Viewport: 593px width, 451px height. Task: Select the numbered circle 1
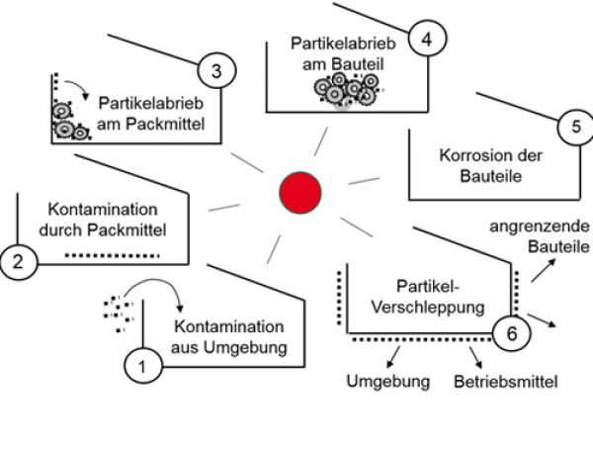pyautogui.click(x=142, y=366)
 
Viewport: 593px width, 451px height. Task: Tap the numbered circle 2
pyautogui.click(x=20, y=260)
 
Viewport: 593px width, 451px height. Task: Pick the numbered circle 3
pyautogui.click(x=216, y=70)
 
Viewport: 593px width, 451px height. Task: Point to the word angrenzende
pyautogui.click(x=539, y=227)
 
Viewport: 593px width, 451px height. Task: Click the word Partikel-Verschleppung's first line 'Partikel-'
pyautogui.click(x=424, y=286)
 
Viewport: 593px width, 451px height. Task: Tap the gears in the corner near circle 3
pyautogui.click(x=67, y=121)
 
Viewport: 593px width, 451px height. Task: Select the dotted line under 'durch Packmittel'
pyautogui.click(x=112, y=255)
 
